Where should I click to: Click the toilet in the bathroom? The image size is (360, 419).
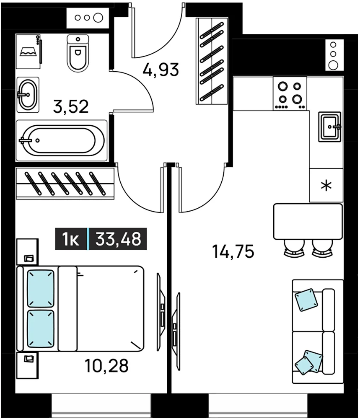click(x=78, y=54)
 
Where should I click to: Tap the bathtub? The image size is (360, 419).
click(x=62, y=140)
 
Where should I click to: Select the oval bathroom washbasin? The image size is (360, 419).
click(x=28, y=95)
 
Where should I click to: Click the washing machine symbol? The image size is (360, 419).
click(x=28, y=51)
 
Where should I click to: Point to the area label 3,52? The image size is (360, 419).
click(x=71, y=106)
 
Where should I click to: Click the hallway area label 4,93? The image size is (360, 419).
click(x=161, y=70)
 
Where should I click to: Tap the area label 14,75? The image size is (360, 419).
click(x=233, y=251)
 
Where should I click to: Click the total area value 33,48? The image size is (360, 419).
click(x=118, y=239)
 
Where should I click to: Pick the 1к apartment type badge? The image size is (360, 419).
click(x=70, y=239)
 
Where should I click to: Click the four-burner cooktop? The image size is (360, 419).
click(x=290, y=93)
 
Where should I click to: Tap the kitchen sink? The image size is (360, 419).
click(x=330, y=127)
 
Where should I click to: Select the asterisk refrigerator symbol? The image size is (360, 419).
click(x=326, y=186)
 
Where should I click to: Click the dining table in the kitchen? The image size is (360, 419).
click(x=308, y=222)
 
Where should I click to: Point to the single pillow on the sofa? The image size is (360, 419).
click(x=306, y=300)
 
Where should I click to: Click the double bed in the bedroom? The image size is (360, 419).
click(x=80, y=308)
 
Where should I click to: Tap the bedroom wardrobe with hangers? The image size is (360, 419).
click(x=65, y=184)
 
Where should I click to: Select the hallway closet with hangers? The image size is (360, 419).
click(x=212, y=61)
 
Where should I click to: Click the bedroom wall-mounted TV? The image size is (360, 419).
click(x=161, y=312)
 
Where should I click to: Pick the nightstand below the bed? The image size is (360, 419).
click(x=27, y=365)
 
